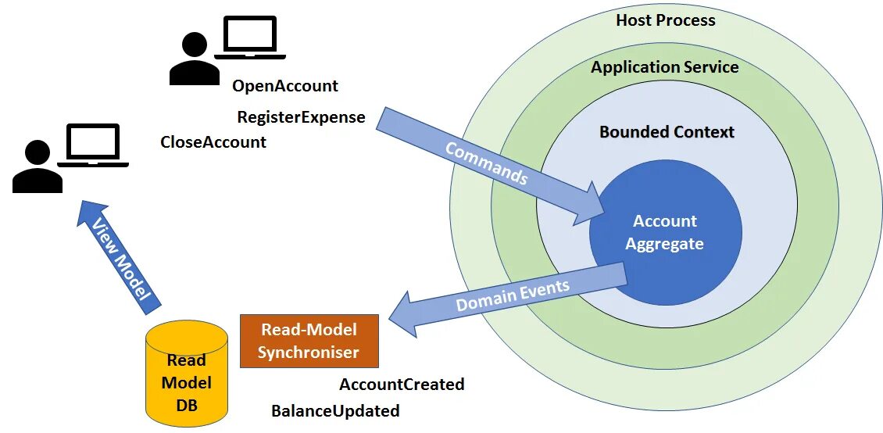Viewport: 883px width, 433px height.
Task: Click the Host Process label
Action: [665, 20]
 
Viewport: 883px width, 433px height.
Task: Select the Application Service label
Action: [664, 67]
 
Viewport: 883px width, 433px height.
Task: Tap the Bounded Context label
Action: [667, 131]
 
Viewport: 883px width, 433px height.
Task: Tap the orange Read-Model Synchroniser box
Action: [309, 341]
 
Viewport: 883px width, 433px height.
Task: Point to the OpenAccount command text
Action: [285, 86]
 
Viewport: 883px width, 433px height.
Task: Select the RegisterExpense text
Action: [301, 117]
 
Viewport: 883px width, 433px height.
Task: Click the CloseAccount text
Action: [213, 142]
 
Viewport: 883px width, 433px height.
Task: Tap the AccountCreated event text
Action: [402, 385]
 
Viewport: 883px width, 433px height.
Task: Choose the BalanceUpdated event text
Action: [335, 411]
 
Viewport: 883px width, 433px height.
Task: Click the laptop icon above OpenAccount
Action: [250, 37]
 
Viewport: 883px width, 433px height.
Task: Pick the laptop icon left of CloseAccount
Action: [94, 145]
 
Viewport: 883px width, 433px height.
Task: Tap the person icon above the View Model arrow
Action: [37, 168]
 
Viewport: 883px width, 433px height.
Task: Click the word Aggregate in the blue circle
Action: [664, 244]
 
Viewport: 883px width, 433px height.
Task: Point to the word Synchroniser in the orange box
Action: [309, 352]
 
